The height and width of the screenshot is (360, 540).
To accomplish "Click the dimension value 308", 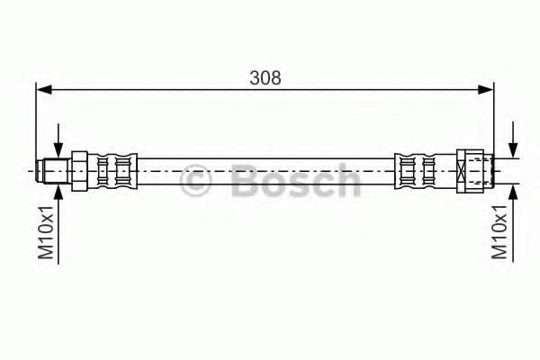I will click(x=265, y=77).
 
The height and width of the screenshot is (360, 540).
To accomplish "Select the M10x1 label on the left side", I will click(x=47, y=233).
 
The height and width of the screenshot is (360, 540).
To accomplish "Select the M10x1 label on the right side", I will click(x=501, y=232).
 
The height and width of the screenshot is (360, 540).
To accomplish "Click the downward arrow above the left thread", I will click(x=59, y=149).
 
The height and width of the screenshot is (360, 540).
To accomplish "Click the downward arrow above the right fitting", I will click(x=513, y=148).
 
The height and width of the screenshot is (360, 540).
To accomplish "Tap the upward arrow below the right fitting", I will click(x=513, y=191).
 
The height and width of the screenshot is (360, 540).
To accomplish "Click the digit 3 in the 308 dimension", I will click(x=256, y=77).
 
